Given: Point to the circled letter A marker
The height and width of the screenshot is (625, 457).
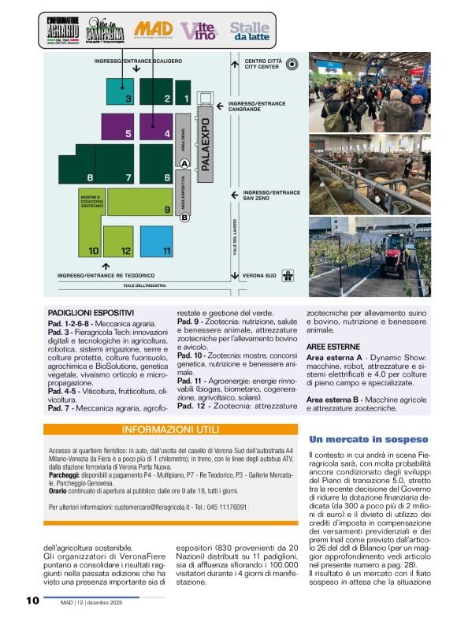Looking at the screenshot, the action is tap(184, 163).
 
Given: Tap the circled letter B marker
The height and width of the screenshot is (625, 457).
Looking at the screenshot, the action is tap(184, 218).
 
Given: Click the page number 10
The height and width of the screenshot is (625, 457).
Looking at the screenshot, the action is tap(32, 601).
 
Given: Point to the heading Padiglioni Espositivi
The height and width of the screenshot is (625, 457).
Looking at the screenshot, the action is tap(91, 312).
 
